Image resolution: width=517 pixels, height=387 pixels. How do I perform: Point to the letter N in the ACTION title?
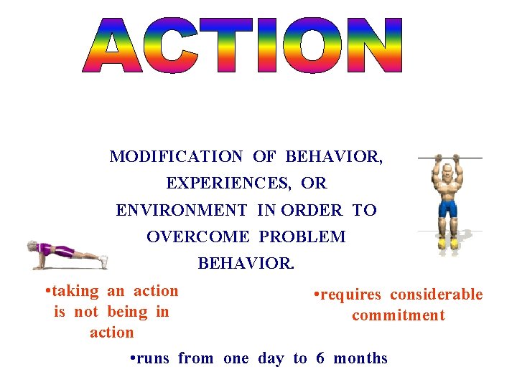pyautogui.click(x=371, y=46)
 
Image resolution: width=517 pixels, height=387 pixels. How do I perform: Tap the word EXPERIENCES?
pyautogui.click(x=228, y=183)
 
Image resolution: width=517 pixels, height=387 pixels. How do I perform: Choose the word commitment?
pyautogui.click(x=399, y=315)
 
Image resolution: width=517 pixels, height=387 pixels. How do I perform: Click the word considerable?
pyautogui.click(x=437, y=295)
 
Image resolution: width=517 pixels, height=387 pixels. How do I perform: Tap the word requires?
pyautogui.click(x=350, y=295)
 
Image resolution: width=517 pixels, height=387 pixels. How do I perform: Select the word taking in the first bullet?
pyautogui.click(x=75, y=291)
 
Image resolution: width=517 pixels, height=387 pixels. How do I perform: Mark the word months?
pyautogui.click(x=360, y=358)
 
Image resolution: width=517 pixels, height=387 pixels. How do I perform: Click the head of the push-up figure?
pyautogui.click(x=33, y=247)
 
